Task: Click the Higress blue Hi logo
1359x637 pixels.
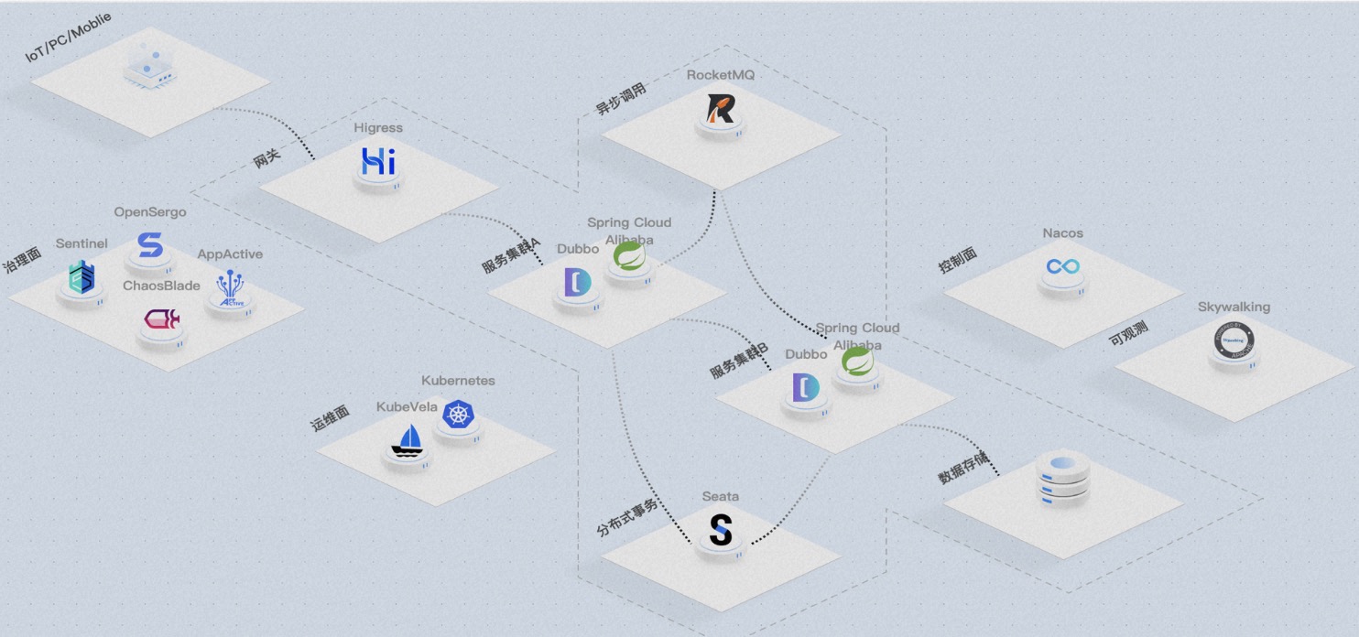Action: click(378, 161)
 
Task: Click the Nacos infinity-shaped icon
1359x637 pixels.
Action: click(1063, 266)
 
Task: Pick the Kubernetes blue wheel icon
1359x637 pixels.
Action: click(458, 414)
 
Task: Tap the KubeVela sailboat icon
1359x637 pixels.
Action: click(407, 440)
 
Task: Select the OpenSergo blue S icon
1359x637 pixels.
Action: click(149, 245)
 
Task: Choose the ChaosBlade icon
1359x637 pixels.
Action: click(161, 319)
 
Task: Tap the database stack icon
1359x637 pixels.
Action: click(1062, 477)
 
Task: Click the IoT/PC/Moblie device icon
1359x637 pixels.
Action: click(148, 64)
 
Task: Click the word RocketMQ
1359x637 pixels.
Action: click(721, 75)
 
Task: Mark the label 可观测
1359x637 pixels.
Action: click(1128, 333)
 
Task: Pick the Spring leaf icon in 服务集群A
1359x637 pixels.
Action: click(629, 256)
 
